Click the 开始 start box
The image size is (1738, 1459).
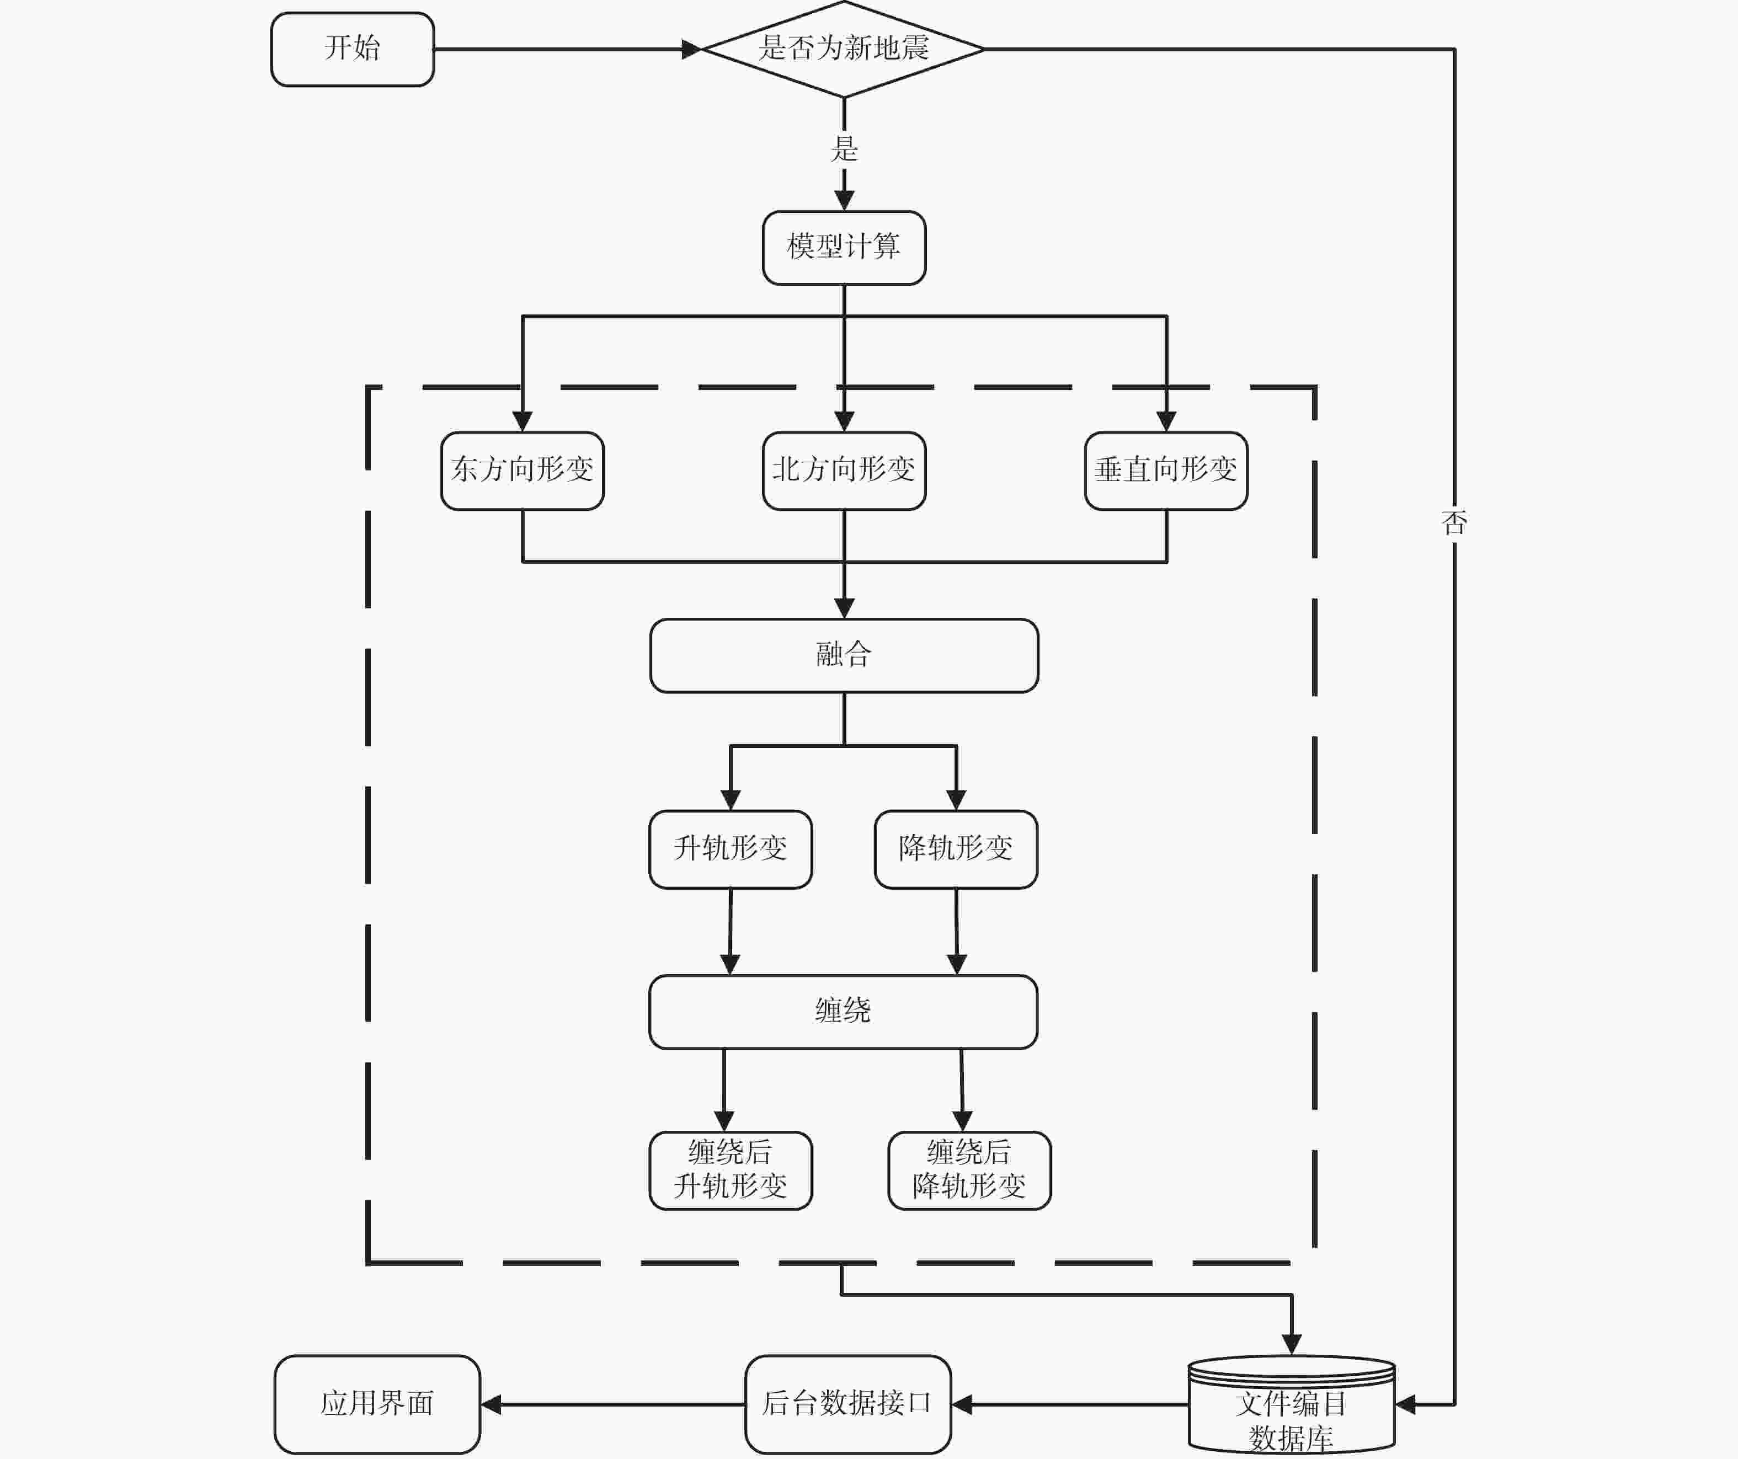point(353,49)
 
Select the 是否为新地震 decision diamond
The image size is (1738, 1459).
point(843,49)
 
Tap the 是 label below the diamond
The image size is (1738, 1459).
point(844,149)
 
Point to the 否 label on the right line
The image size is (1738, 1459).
point(1454,522)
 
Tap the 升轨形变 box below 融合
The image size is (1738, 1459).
point(730,849)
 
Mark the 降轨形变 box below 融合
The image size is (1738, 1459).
point(956,849)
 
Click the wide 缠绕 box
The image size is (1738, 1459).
point(843,1011)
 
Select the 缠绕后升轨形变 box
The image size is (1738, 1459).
point(730,1170)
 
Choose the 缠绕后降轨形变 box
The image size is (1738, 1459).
point(969,1170)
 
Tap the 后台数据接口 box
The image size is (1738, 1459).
point(847,1404)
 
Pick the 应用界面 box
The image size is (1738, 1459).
point(377,1404)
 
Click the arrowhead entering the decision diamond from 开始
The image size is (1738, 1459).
point(692,49)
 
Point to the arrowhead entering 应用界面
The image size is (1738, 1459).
point(491,1404)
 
